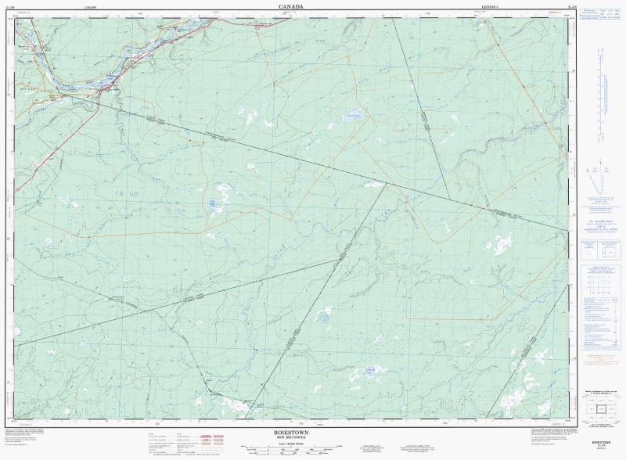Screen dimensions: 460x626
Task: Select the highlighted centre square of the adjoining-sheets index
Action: (600, 408)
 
